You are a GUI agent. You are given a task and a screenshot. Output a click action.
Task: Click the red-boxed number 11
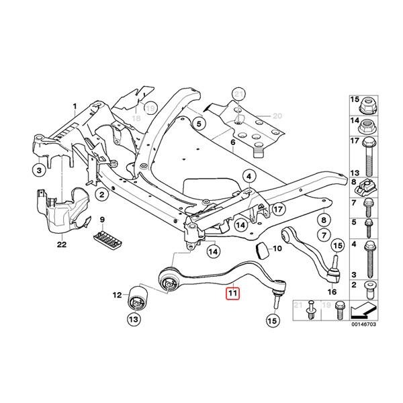point(232,293)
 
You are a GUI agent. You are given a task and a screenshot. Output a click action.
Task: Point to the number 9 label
point(102,220)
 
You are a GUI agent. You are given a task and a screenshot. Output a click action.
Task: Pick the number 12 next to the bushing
point(116,294)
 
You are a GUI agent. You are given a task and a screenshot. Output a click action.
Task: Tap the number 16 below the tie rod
point(331,292)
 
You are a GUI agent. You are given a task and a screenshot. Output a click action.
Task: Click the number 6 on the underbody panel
point(232,143)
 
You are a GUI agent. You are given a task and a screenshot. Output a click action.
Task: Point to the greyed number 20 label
point(277,116)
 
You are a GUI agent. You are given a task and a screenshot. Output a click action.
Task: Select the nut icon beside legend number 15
point(367,105)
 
